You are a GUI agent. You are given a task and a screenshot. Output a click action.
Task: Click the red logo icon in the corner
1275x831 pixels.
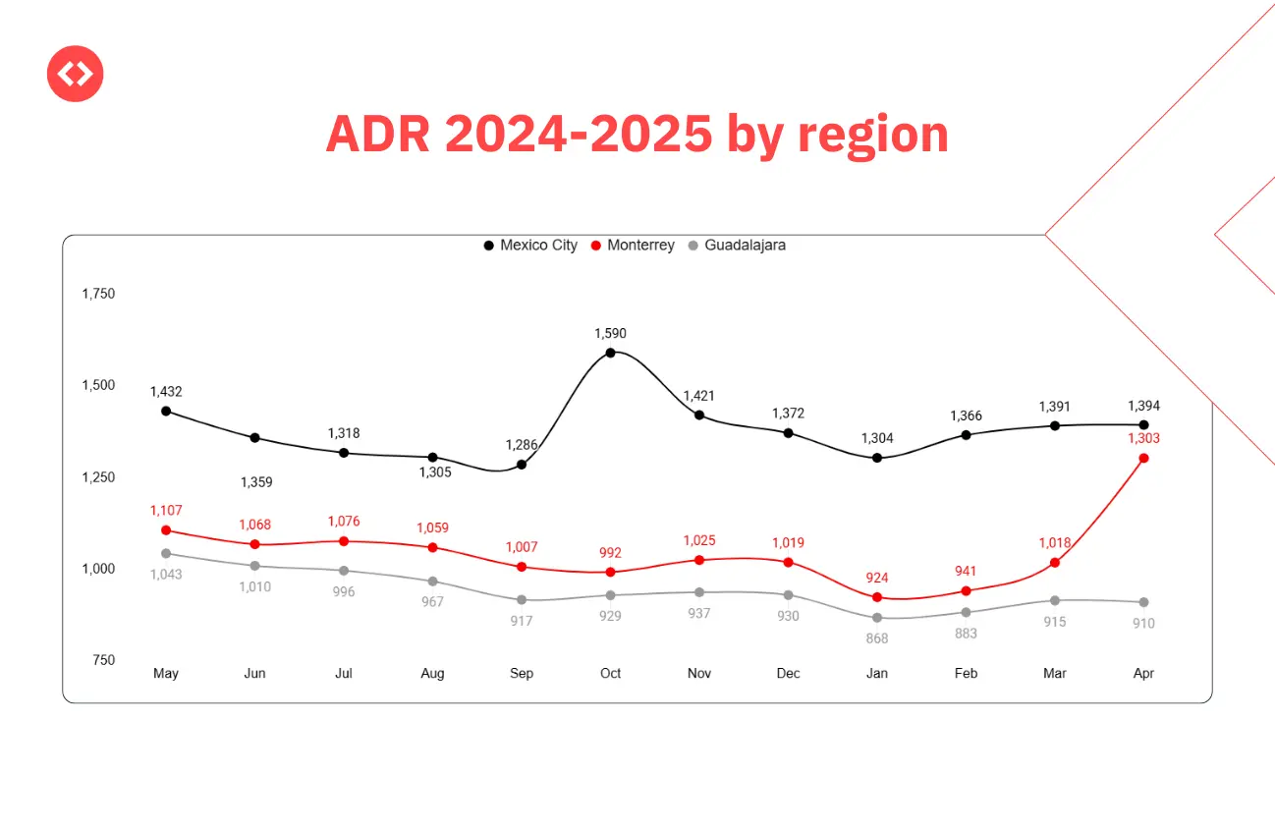click(75, 74)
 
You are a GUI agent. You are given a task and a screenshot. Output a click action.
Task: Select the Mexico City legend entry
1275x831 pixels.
click(530, 246)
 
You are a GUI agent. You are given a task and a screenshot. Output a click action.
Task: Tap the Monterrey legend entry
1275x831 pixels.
click(633, 246)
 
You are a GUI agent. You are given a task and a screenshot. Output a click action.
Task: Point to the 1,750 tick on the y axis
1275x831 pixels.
click(98, 294)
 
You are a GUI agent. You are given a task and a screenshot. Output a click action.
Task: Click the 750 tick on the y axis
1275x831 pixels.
click(103, 660)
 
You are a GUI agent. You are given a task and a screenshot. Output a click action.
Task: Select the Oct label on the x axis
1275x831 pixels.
click(611, 674)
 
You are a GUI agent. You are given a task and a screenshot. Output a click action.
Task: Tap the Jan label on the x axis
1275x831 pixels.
click(877, 674)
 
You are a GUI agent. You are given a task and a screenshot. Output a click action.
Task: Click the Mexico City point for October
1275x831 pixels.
click(610, 353)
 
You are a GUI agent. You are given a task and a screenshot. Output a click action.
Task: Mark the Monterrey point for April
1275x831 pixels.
click(1143, 458)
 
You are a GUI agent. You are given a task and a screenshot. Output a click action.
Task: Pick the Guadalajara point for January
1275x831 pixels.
click(877, 618)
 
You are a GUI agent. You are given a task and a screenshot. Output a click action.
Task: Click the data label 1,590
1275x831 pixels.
click(610, 334)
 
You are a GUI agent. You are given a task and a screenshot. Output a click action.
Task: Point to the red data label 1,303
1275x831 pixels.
click(1143, 438)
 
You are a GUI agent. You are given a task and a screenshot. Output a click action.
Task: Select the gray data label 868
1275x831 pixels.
click(877, 638)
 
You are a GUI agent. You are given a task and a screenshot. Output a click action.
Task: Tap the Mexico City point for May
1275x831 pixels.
click(166, 411)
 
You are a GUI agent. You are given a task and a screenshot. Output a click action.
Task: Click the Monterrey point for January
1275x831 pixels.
click(877, 597)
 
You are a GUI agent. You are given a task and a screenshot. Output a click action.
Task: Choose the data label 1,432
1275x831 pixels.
click(166, 392)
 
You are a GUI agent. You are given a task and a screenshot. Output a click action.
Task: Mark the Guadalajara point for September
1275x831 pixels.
click(522, 600)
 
